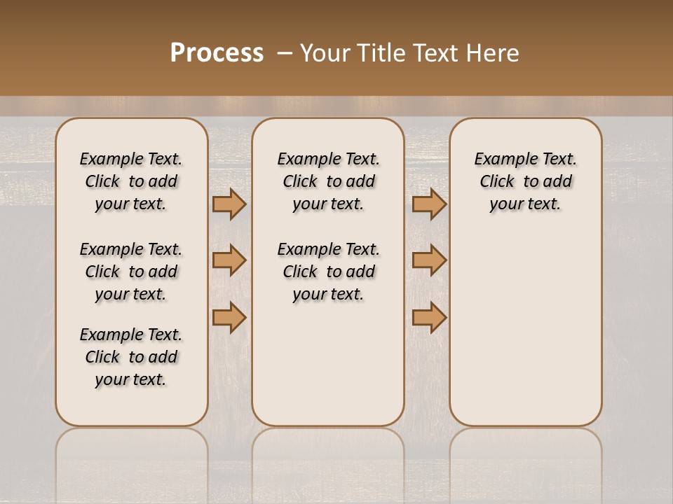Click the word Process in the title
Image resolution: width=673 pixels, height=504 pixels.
(217, 53)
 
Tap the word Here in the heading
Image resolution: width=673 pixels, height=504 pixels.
(492, 53)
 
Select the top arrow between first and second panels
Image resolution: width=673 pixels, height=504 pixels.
(229, 204)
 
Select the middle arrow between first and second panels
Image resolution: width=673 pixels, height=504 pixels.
(229, 261)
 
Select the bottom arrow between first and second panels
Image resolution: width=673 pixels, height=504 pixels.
(229, 317)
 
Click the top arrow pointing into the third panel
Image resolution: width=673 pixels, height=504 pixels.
(429, 204)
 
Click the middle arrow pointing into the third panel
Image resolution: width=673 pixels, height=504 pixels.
(429, 261)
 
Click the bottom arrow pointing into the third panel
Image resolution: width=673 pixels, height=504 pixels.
(429, 317)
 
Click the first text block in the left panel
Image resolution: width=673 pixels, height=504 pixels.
(131, 181)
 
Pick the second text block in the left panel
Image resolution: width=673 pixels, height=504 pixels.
(131, 272)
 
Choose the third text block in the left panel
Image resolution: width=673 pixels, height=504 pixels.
(131, 357)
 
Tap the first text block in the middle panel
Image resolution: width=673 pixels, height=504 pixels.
(328, 181)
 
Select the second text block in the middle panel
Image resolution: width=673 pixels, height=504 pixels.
(328, 272)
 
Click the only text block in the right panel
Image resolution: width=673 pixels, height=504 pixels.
(525, 181)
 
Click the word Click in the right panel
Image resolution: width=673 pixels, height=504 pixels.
(497, 181)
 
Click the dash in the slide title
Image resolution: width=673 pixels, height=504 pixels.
(285, 53)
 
